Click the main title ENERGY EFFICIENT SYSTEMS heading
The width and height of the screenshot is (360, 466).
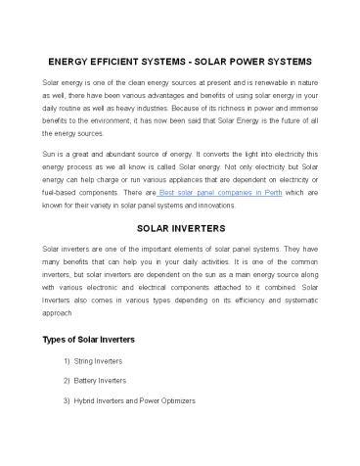(180, 61)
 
